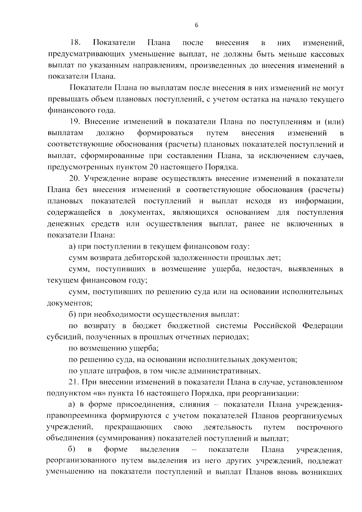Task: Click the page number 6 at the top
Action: pos(196,26)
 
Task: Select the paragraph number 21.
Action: pos(75,382)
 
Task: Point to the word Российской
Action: pos(275,326)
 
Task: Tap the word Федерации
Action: pos(323,326)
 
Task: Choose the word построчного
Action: pos(319,428)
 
